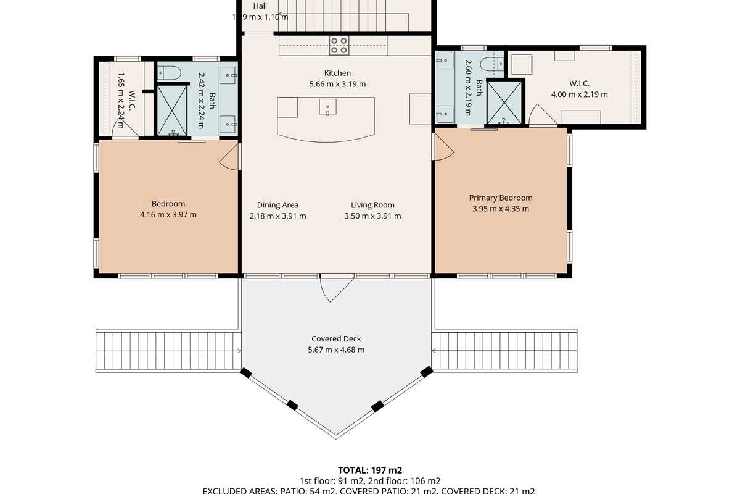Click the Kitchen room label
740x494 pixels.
pos(337,73)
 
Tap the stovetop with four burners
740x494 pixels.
pos(339,45)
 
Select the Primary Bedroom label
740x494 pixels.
pos(500,198)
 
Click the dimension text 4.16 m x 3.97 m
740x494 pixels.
pos(168,215)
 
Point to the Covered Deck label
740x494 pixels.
pos(336,338)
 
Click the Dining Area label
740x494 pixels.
pos(277,205)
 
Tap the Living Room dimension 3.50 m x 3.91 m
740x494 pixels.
pos(372,216)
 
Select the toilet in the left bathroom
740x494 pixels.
pos(167,73)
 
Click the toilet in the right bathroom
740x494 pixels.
pos(491,65)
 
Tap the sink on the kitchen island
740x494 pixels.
pos(327,107)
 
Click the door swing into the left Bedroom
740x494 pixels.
pos(230,154)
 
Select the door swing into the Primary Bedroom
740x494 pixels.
pos(443,147)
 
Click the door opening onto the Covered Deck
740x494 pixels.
pos(336,288)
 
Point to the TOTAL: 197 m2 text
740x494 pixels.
pos(370,470)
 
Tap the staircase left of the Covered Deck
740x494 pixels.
pos(167,350)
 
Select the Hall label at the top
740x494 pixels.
pos(260,6)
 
